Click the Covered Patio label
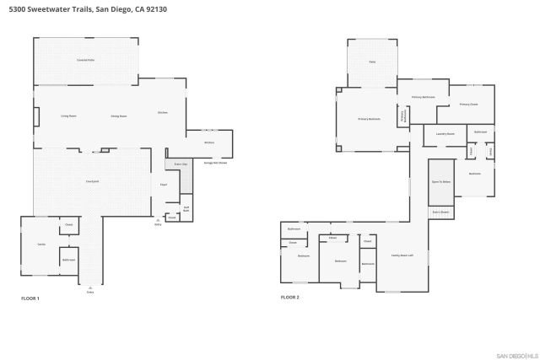coord(84,61)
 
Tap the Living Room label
coord(68,116)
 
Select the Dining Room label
coord(118,116)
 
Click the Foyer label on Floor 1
coord(164,184)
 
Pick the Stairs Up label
coord(181,164)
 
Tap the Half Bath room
coord(186,207)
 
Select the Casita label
coord(40,244)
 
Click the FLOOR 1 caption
coord(30,298)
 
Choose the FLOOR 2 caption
coord(290,298)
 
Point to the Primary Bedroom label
coord(369,119)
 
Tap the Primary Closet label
coord(468,105)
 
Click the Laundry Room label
coord(445,134)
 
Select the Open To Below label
coord(441,181)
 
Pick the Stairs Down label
coord(441,212)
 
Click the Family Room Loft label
coord(402,255)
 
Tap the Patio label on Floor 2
coord(372,62)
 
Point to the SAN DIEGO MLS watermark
coord(516,354)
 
